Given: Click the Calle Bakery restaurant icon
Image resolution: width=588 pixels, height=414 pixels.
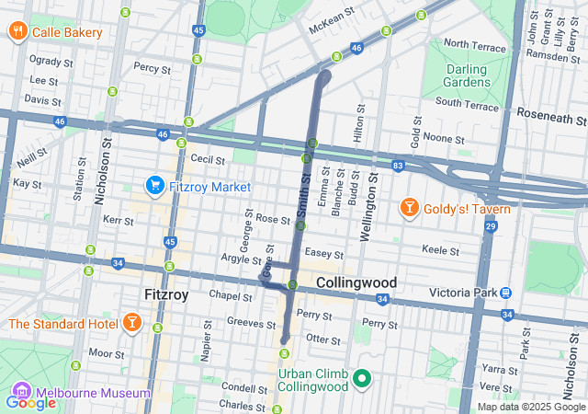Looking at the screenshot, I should pos(17,32).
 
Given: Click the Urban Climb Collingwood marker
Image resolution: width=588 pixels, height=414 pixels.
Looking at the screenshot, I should pos(363,378).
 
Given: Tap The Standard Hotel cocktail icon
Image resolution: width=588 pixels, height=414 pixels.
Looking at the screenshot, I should pos(131,324).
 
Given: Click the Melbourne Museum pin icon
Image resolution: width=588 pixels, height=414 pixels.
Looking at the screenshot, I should pos(17,393).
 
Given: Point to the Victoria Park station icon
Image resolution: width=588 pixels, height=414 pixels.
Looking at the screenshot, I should pos(505,293).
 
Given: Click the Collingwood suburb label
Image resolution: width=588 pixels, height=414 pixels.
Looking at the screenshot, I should pos(356,282).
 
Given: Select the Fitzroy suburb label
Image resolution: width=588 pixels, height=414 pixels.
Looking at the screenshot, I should pos(166,295).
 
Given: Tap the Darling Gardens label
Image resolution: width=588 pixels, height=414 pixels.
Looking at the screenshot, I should pos(467,75).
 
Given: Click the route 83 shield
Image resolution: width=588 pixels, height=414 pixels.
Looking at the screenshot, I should pos(397,166).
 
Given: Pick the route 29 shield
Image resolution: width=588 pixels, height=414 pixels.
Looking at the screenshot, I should pos(491,225).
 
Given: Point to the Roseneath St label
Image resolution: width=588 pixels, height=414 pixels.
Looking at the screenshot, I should pos(550,118).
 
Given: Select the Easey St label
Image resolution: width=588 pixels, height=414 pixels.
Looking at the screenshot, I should pos(324,254).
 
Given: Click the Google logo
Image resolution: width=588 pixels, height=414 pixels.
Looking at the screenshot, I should pos(30,402).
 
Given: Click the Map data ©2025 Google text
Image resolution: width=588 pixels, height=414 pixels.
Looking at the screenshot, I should pos(530,407).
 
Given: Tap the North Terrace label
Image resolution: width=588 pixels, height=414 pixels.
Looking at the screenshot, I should pos(474,44).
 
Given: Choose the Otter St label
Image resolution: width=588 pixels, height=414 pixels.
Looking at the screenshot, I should pos(323,339).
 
